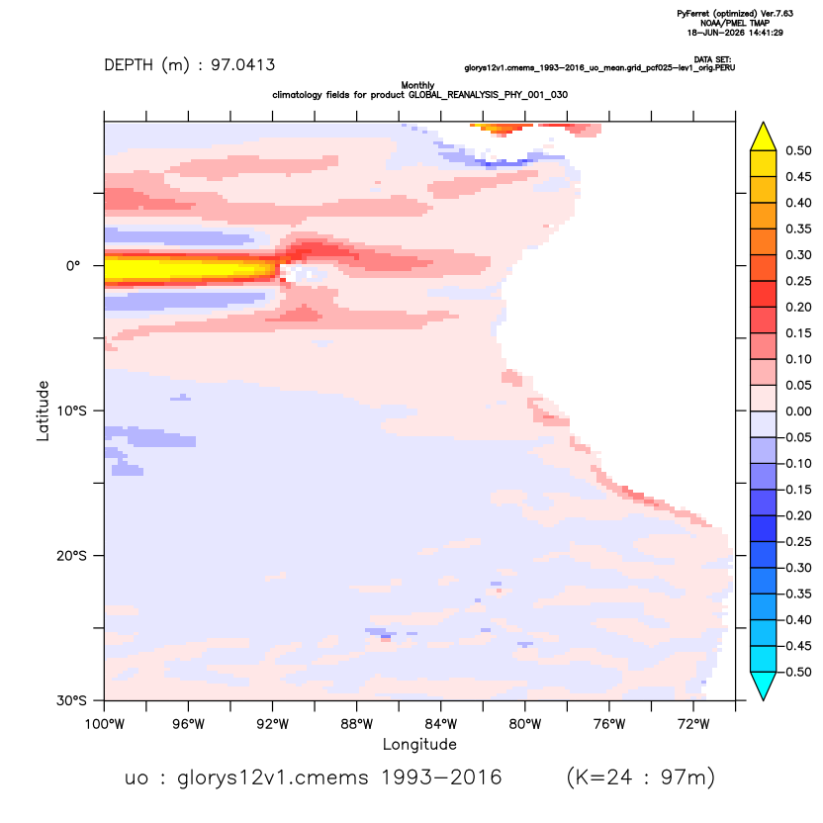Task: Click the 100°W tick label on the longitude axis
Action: (x=105, y=724)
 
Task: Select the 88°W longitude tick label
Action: (x=356, y=724)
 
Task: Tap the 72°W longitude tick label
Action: (x=693, y=724)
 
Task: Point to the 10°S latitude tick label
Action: (x=71, y=411)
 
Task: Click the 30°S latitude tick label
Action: (x=71, y=700)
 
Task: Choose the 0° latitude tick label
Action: (x=73, y=265)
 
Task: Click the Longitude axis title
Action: (x=419, y=744)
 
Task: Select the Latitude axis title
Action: (x=43, y=411)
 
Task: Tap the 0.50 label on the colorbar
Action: (x=798, y=150)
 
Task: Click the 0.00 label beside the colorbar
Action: (x=798, y=411)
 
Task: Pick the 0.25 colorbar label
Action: (x=798, y=281)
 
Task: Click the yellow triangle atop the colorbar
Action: (x=764, y=137)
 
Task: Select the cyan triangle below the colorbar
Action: (x=764, y=685)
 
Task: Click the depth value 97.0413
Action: (x=243, y=65)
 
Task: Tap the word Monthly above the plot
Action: (x=417, y=85)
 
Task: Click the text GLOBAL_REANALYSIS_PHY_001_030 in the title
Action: (x=488, y=95)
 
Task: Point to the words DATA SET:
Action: (x=713, y=59)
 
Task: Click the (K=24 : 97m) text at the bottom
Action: (x=641, y=777)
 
